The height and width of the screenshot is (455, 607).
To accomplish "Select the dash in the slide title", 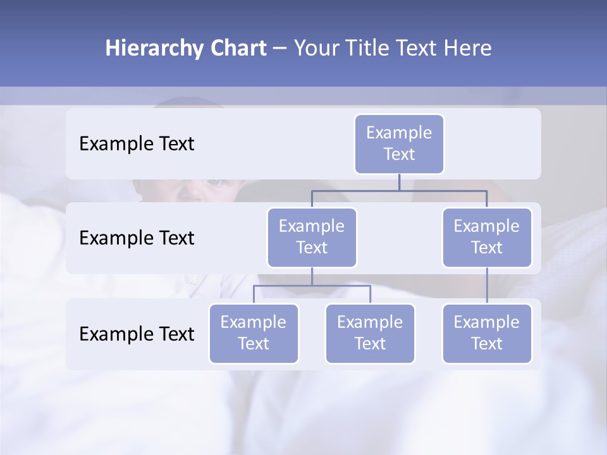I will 280,49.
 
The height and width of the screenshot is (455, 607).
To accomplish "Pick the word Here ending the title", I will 468,49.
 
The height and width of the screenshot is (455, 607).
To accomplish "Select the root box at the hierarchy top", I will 399,143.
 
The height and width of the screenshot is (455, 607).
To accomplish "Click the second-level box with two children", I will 312,237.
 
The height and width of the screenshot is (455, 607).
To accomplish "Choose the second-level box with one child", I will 487,237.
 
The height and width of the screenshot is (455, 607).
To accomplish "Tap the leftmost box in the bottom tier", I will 254,333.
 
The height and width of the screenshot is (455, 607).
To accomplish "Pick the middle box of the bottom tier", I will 370,333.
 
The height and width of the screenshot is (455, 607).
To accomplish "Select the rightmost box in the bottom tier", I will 487,333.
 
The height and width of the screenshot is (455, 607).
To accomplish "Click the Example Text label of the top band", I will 137,144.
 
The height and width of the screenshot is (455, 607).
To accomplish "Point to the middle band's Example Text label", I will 137,238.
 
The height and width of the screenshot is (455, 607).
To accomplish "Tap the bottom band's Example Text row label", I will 137,334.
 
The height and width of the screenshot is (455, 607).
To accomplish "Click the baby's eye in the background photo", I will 215,183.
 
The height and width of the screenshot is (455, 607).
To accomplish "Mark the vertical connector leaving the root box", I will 399,182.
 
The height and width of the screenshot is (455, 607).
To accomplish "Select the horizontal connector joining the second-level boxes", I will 399,190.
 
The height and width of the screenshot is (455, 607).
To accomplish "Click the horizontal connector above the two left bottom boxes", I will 312,286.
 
